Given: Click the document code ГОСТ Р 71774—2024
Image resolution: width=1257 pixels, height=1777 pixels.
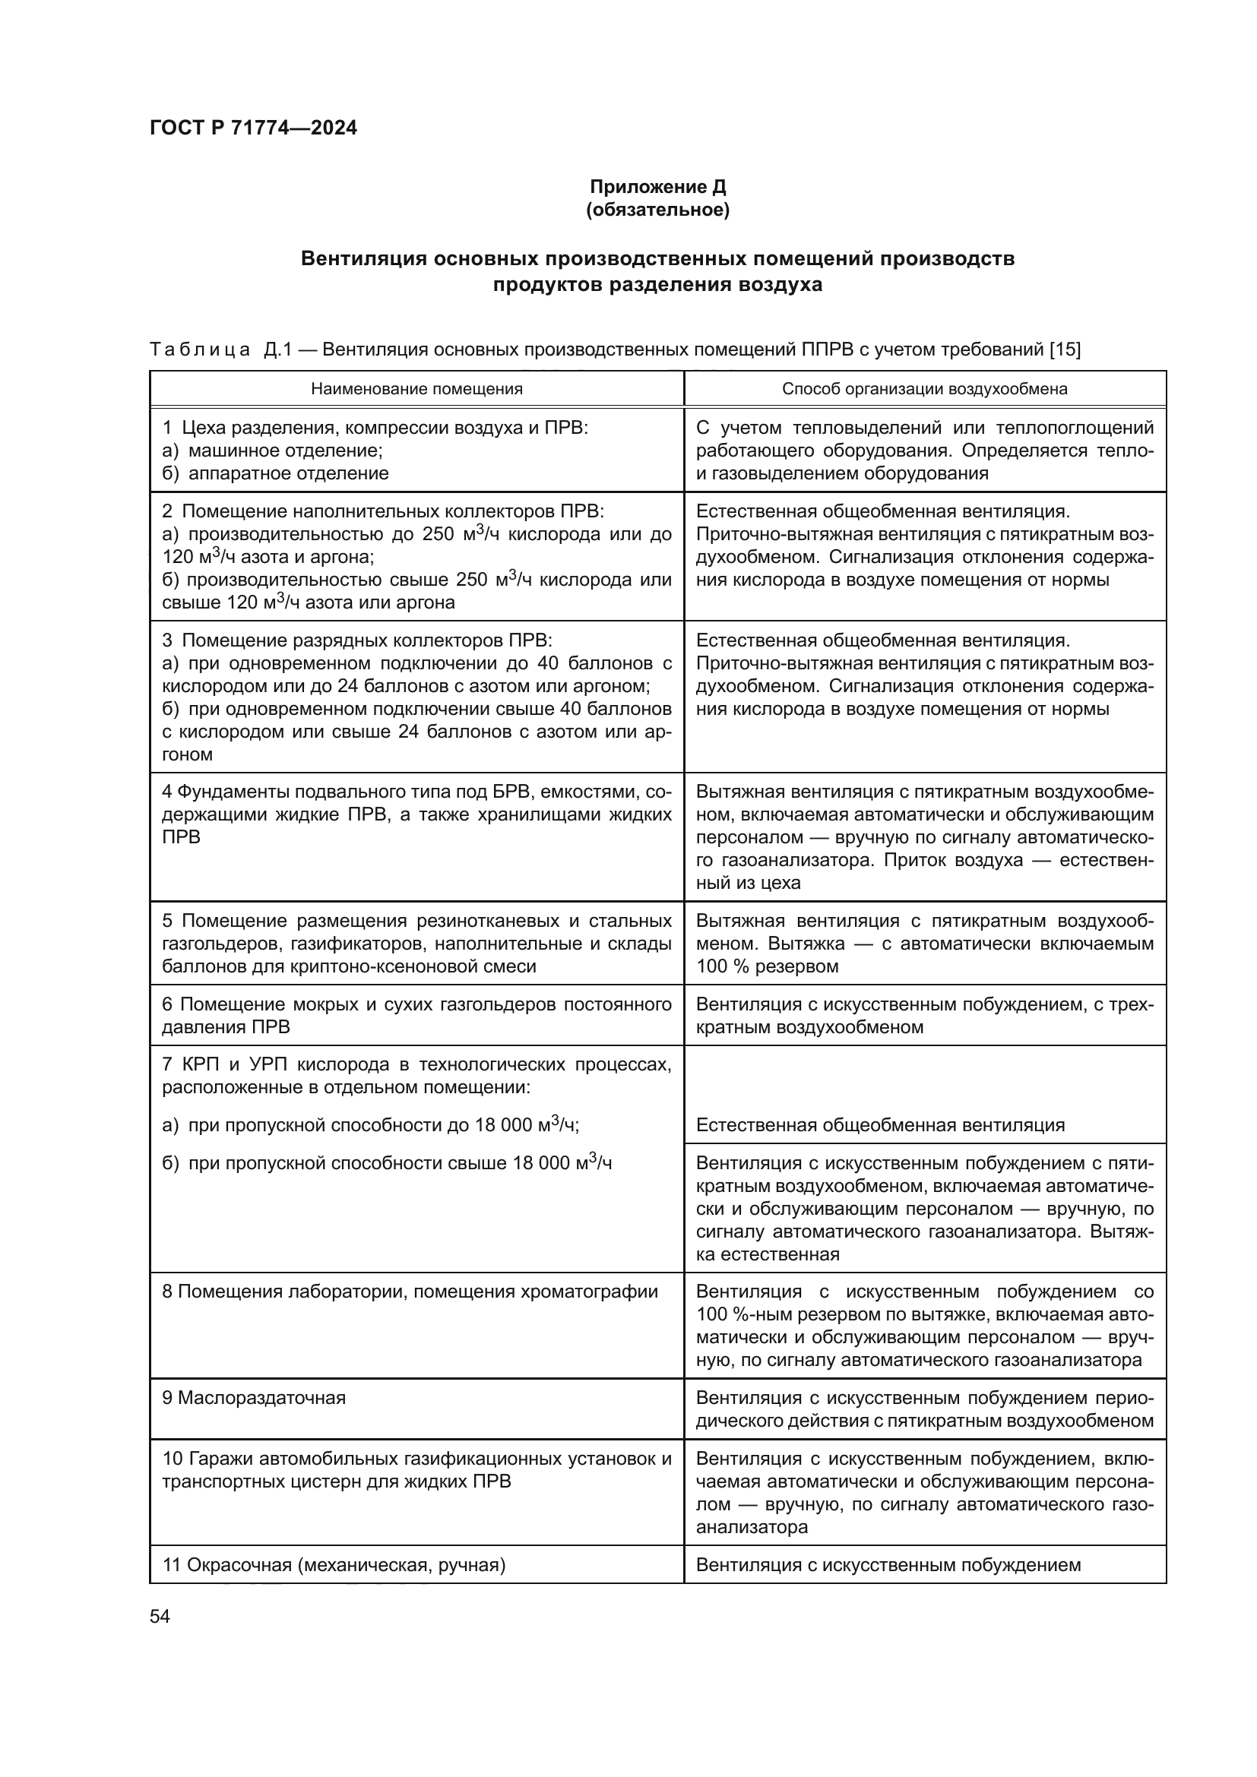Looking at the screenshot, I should pos(253,128).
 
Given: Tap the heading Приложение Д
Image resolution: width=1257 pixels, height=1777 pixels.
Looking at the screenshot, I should pos(657,187).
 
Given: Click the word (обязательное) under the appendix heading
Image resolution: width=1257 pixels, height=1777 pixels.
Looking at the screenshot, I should pos(657,210).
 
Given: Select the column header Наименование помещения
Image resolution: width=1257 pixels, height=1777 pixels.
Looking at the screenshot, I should pos(416,388).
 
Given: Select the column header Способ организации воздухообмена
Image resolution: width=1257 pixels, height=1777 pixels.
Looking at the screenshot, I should pos(924,388).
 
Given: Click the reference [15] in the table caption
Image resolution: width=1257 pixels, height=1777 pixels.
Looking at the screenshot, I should pos(1065,349).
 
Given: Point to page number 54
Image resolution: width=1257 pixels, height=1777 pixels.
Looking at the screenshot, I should pos(160,1616).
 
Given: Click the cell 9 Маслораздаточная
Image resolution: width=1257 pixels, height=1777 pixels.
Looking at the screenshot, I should pos(255,1398).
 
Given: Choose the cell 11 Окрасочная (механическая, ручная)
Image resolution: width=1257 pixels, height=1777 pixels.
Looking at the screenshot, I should pos(334,1565).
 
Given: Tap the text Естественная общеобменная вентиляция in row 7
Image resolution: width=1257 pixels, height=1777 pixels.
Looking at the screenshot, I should pos(880,1125).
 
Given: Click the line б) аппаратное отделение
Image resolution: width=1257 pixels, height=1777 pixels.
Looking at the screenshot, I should pos(276,473).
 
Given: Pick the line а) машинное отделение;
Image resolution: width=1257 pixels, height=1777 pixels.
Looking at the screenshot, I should pos(273,451).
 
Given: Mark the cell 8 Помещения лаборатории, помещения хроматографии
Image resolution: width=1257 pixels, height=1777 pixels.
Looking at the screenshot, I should pos(410,1292).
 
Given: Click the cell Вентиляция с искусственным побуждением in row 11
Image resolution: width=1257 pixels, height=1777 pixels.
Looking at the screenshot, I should pos(888,1565).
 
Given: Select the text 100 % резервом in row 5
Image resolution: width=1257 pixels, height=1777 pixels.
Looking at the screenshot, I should pos(767,966).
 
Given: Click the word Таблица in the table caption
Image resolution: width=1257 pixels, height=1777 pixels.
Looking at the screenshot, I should pos(200,349).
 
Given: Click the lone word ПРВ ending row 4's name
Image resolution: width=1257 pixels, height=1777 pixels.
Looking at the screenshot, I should pos(181,837).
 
